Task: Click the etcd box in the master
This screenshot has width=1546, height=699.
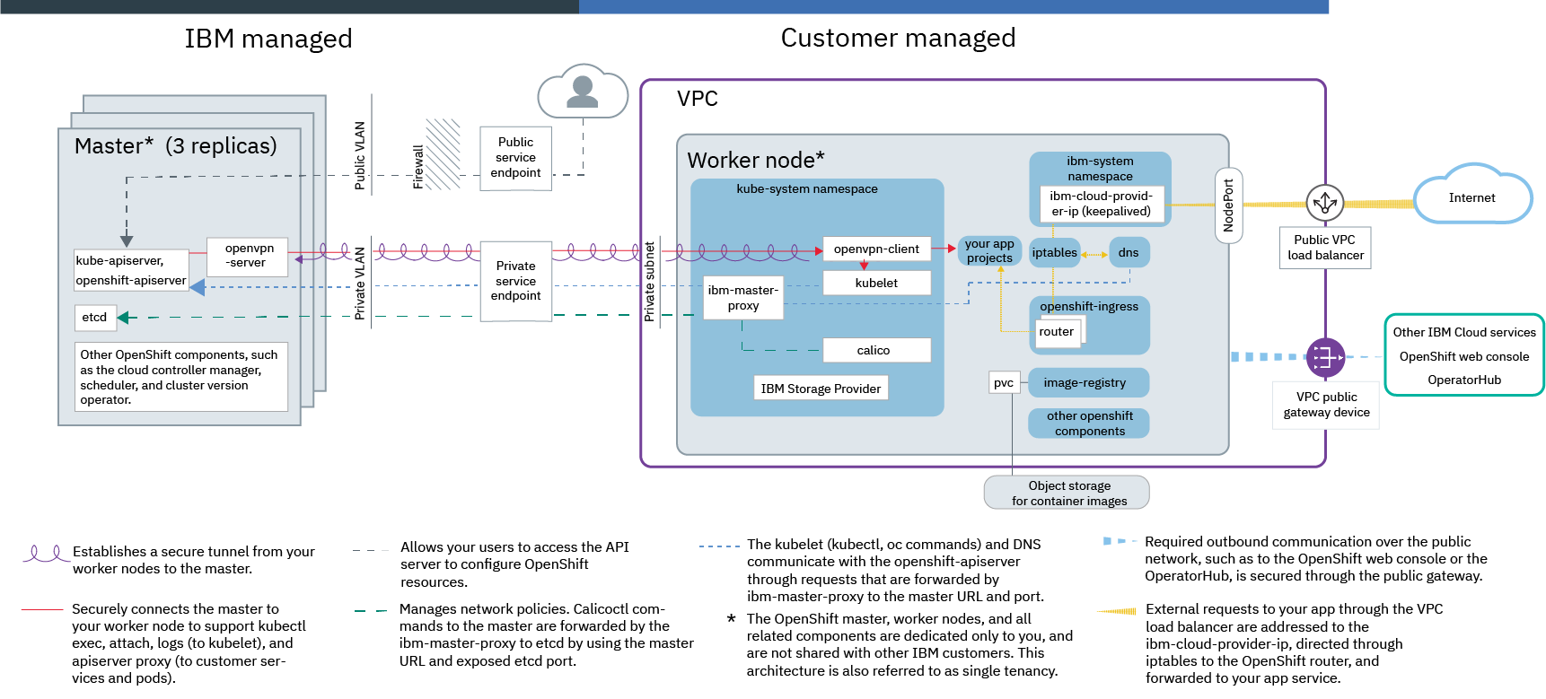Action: point(95,318)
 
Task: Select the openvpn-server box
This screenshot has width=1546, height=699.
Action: point(247,256)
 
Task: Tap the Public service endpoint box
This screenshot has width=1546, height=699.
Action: point(515,158)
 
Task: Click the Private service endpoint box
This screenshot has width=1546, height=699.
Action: point(515,281)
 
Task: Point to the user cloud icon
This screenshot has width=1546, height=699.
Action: point(583,92)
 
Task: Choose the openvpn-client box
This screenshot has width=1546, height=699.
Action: point(876,249)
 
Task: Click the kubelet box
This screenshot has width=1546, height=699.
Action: point(876,283)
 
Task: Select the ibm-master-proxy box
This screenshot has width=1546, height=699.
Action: point(743,298)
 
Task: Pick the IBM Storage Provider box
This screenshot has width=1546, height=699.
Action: point(821,389)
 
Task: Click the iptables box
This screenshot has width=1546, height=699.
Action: point(1054,253)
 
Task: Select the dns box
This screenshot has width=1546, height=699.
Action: point(1129,253)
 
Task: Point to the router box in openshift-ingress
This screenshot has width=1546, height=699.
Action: point(1057,332)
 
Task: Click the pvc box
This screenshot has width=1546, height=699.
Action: point(1004,383)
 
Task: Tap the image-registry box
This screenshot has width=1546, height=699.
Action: point(1088,383)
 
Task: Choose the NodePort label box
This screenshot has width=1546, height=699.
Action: point(1228,205)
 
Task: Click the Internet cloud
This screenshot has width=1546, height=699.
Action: point(1472,196)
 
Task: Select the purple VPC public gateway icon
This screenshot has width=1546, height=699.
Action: point(1325,357)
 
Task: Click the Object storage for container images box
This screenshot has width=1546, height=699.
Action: point(1067,493)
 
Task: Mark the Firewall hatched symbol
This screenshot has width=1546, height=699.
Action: point(443,153)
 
